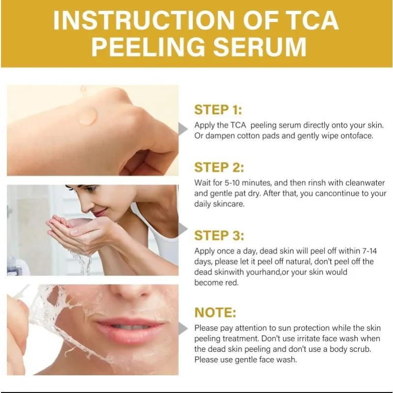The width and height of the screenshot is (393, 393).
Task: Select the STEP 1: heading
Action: pyautogui.click(x=218, y=110)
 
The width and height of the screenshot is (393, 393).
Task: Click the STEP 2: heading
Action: pyautogui.click(x=219, y=168)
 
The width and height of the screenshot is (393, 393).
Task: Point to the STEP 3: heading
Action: pyautogui.click(x=219, y=236)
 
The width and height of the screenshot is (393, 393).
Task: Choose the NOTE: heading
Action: pyautogui.click(x=215, y=312)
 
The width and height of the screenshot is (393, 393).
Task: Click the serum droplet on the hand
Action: pyautogui.click(x=87, y=116)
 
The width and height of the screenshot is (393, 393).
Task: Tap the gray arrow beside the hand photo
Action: pyautogui.click(x=183, y=129)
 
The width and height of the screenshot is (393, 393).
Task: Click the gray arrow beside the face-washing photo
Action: pyautogui.click(x=183, y=228)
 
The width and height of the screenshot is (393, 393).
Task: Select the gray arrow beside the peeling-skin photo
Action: pyautogui.click(x=183, y=328)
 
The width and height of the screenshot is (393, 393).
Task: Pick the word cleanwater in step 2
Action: pyautogui.click(x=365, y=183)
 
